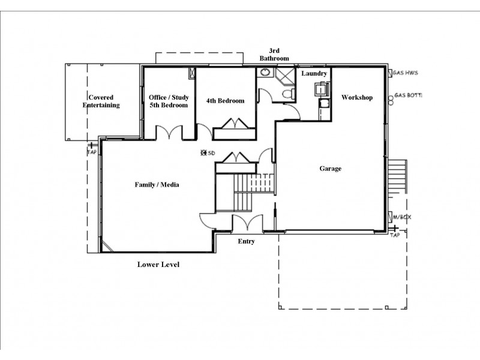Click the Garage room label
pyautogui.click(x=330, y=169)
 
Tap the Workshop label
pyautogui.click(x=357, y=97)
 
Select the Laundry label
pyautogui.click(x=314, y=73)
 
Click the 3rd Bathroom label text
pyautogui.click(x=274, y=55)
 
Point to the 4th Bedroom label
pyautogui.click(x=225, y=101)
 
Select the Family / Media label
pyautogui.click(x=157, y=185)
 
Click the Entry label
pyautogui.click(x=246, y=241)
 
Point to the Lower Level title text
pyautogui.click(x=158, y=264)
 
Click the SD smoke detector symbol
pyautogui.click(x=205, y=153)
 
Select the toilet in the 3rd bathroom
pyautogui.click(x=288, y=93)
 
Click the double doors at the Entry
pyautogui.click(x=246, y=223)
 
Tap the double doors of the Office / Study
pyautogui.click(x=169, y=132)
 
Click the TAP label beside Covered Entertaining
pyautogui.click(x=91, y=152)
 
